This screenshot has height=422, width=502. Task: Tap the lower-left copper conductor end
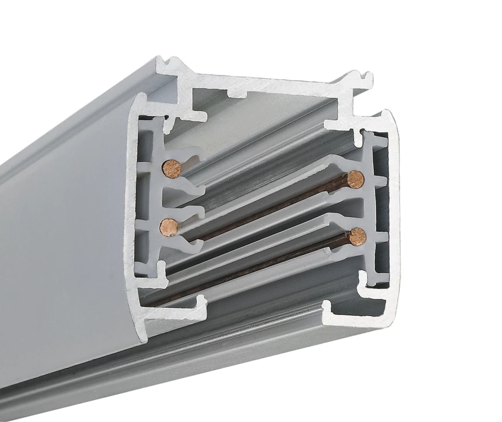(169, 226)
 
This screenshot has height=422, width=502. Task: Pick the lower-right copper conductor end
(356, 237)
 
